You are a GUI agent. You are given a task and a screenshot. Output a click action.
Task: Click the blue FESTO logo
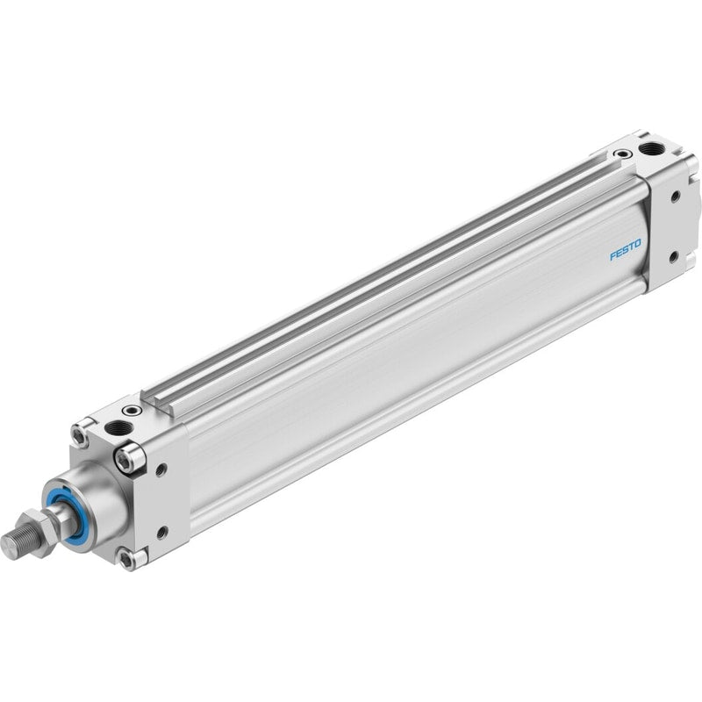626,249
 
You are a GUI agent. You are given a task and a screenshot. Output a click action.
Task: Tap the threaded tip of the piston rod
13,540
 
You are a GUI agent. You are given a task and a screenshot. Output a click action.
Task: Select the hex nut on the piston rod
38,533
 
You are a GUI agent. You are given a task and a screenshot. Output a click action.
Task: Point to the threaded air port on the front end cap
118,428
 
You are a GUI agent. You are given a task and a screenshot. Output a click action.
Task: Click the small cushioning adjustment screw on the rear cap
621,154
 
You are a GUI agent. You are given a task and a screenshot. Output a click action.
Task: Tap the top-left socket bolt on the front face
81,434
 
